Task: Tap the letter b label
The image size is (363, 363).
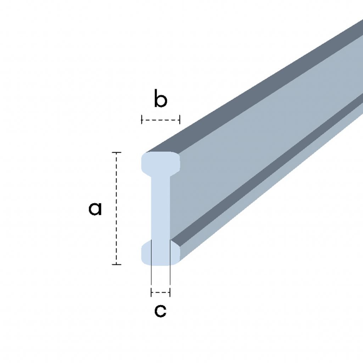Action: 161,99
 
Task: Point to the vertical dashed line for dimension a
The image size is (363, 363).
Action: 116,208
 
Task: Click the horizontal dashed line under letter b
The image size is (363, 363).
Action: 161,120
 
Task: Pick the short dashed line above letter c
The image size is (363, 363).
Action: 161,292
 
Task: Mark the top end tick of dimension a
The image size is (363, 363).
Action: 116,152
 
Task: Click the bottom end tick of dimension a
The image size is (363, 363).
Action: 116,264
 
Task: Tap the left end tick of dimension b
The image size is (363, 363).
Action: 142,120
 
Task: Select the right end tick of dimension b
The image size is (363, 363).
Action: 180,120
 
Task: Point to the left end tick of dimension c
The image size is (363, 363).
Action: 151,292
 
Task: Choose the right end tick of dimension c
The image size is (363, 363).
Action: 170,292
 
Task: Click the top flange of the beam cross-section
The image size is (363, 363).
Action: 161,163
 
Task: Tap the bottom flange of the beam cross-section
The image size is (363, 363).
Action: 161,253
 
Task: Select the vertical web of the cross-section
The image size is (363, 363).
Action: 161,208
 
